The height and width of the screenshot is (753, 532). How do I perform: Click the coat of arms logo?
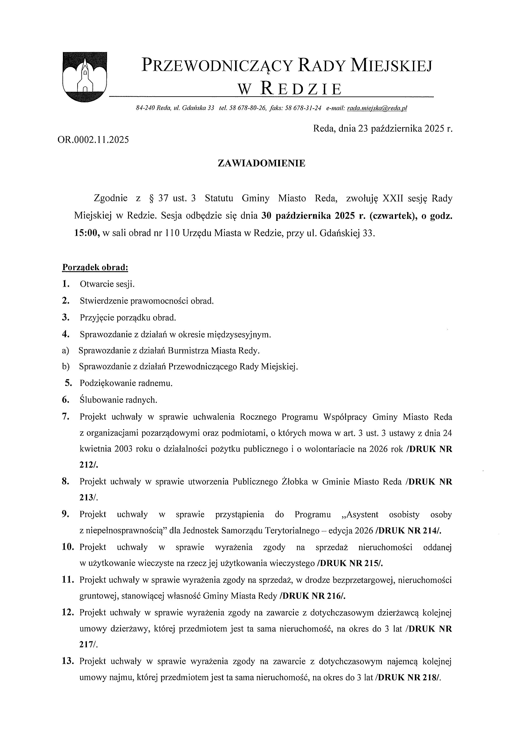85,77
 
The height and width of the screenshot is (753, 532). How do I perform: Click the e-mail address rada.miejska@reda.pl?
377,108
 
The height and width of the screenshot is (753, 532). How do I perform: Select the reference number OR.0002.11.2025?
93,140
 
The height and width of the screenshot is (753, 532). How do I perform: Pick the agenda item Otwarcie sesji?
107,284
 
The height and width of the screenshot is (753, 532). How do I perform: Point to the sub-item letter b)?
66,366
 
